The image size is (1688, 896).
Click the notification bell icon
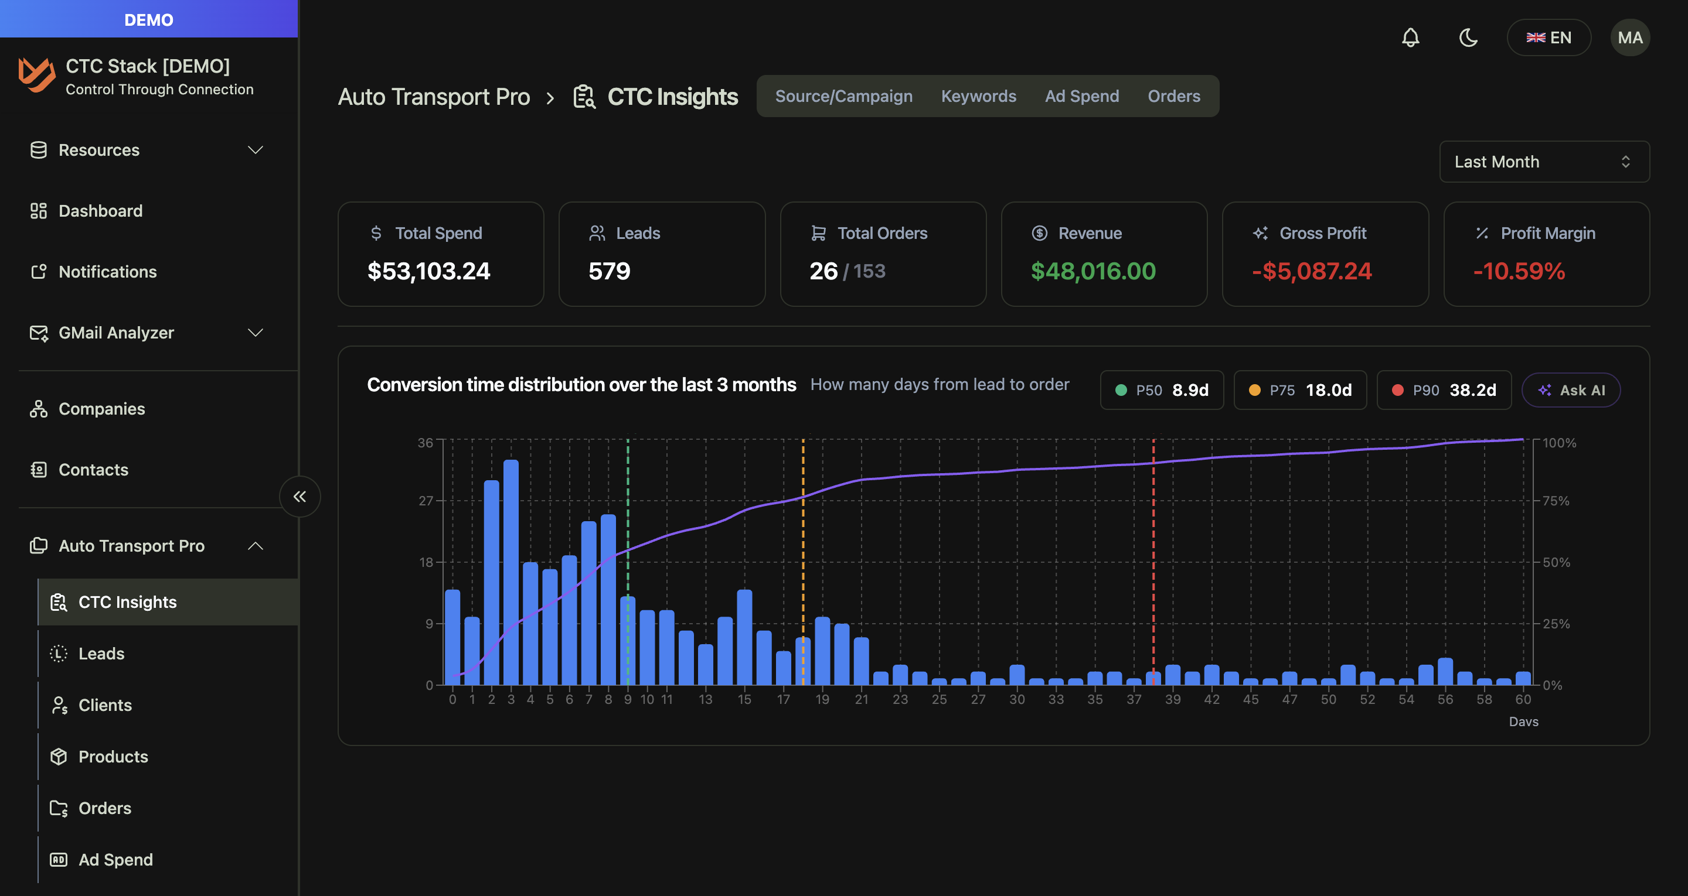click(1410, 37)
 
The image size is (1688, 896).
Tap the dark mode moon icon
click(1468, 37)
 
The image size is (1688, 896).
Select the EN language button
click(1549, 37)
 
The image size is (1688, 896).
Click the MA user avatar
click(1629, 37)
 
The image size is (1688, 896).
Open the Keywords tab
click(978, 96)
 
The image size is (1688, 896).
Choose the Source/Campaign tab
click(843, 96)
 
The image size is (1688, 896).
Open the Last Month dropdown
click(1544, 162)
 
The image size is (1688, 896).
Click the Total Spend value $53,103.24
click(428, 271)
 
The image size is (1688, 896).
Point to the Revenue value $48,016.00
click(1093, 271)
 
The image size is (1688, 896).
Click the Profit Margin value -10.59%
click(1519, 271)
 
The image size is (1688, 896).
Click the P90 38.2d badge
click(1444, 391)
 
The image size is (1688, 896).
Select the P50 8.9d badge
click(1161, 391)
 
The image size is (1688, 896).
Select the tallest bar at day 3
click(511, 573)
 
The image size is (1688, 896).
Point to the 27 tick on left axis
click(426, 501)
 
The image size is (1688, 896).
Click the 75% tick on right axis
click(1556, 501)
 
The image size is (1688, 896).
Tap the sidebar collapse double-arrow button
click(300, 497)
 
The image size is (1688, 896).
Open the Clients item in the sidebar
click(105, 706)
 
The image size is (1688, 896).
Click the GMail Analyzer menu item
click(116, 333)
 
